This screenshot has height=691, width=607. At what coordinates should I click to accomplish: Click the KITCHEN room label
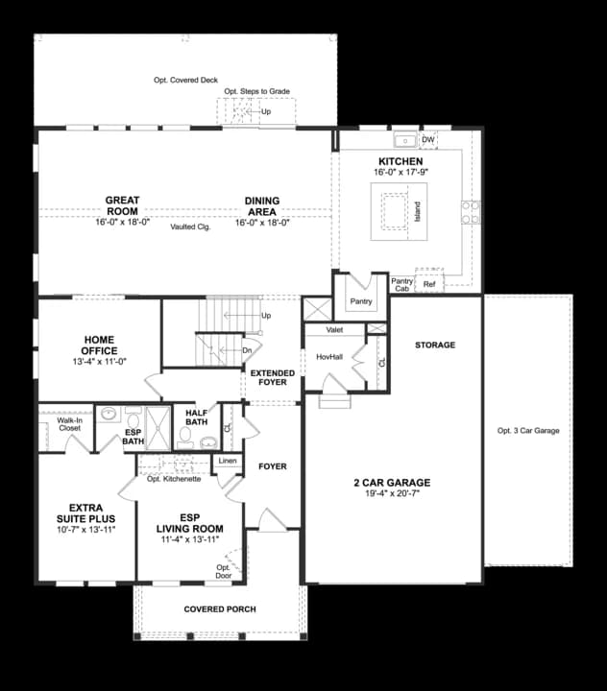click(x=401, y=161)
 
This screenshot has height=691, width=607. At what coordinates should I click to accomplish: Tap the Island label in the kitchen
click(x=418, y=211)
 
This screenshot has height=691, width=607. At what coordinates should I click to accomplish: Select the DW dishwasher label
click(x=428, y=140)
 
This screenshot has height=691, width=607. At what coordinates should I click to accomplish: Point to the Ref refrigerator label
click(x=429, y=284)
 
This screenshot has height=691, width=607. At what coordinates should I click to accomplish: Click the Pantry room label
click(x=361, y=301)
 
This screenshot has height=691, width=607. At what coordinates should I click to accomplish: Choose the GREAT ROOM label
click(x=123, y=205)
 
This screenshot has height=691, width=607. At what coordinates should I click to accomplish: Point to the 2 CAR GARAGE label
click(x=392, y=482)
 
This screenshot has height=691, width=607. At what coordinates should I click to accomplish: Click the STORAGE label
click(x=435, y=345)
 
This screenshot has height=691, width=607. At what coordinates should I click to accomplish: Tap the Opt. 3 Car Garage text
click(x=528, y=431)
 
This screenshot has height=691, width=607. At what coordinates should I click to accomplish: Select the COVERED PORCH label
click(x=220, y=609)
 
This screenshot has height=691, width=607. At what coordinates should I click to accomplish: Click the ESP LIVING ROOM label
click(x=192, y=523)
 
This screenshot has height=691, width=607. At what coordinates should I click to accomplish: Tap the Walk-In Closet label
click(x=69, y=423)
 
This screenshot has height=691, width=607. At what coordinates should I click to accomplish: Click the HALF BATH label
click(x=197, y=416)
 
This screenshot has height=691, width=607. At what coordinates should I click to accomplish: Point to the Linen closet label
click(x=228, y=462)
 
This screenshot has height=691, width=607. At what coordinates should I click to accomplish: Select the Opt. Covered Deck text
click(x=186, y=80)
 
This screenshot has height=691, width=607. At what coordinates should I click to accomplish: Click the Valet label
click(x=335, y=329)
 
